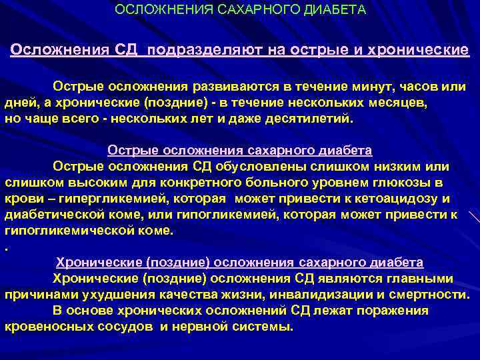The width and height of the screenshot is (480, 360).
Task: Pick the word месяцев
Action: click(397, 103)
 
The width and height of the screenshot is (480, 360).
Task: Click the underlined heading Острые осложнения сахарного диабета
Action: click(240, 151)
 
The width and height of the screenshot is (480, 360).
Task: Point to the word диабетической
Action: click(53, 214)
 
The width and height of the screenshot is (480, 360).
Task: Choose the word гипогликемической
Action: click(67, 230)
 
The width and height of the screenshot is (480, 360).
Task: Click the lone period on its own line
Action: click(7, 247)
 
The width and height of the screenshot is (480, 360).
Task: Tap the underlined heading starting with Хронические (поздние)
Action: click(240, 262)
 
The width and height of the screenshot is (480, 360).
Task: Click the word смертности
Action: click(429, 294)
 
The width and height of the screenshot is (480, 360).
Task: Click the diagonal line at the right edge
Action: click(474, 217)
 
